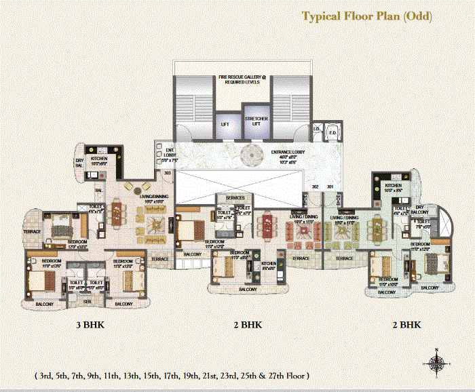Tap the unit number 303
(167, 173)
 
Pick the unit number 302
(315, 186)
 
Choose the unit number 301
(331, 186)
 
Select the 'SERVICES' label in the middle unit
(235, 197)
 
